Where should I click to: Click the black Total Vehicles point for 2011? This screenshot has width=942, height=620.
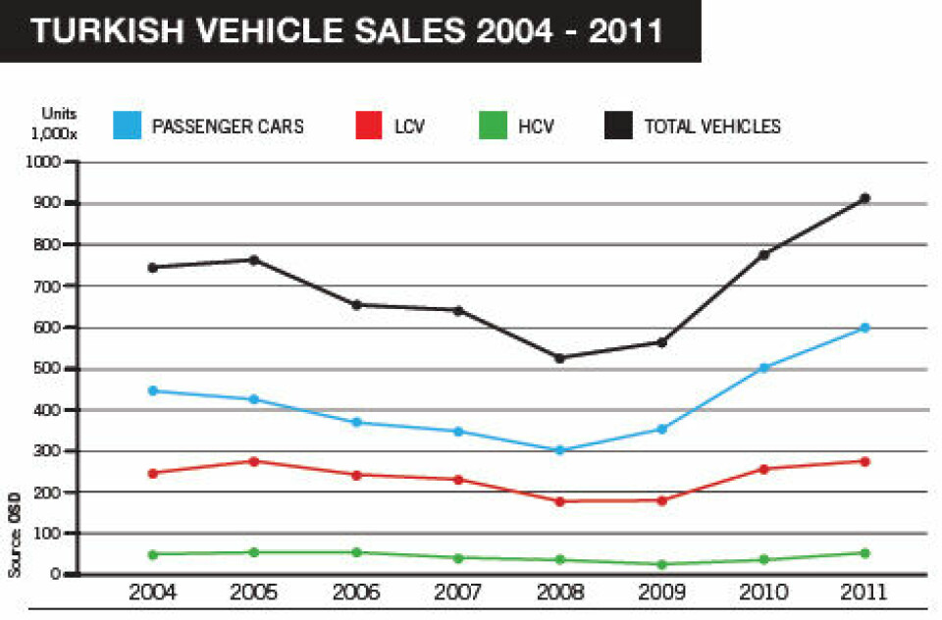[x=864, y=199]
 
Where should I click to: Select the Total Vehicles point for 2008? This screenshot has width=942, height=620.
[x=559, y=358]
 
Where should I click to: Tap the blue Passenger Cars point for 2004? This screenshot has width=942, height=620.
[x=153, y=390]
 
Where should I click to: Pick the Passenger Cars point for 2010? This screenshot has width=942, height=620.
[x=763, y=368]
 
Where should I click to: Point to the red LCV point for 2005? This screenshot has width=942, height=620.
[x=254, y=461]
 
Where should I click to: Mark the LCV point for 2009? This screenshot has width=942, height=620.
[x=661, y=500]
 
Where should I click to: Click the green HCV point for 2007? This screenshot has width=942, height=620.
[x=458, y=558]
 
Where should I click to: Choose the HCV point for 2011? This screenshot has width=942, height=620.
[x=864, y=553]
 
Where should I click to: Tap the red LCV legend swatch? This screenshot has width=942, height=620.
[x=369, y=126]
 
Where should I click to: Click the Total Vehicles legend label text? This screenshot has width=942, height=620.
[x=712, y=127]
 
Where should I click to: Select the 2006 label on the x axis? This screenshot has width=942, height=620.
[x=356, y=594]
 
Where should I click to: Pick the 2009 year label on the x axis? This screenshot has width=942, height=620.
[x=661, y=594]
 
